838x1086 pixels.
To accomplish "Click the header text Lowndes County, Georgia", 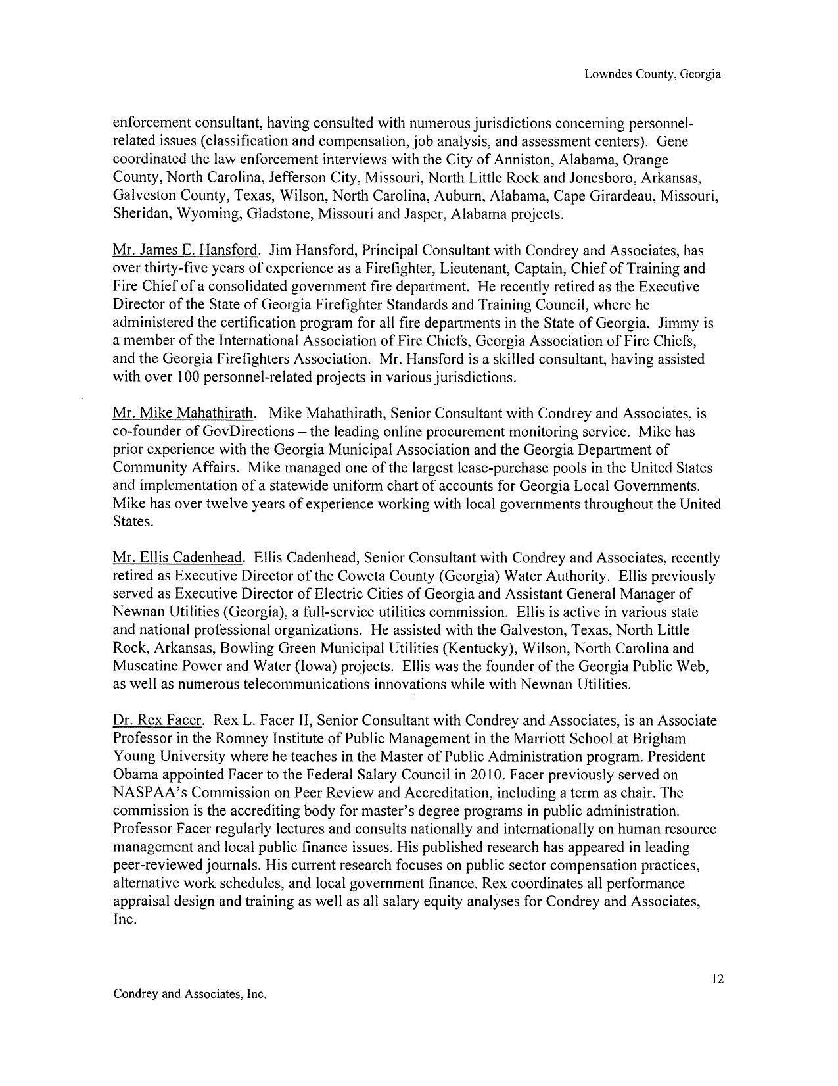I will point(652,74).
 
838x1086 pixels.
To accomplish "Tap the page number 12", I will point(717,979).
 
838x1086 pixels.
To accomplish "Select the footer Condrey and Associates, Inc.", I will point(190,993).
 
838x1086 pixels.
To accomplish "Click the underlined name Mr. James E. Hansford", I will point(185,250).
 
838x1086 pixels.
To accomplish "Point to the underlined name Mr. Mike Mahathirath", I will point(183,413).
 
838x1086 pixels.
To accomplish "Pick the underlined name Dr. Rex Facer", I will point(157,720).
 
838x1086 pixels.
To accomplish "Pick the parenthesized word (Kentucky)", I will point(477,648).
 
